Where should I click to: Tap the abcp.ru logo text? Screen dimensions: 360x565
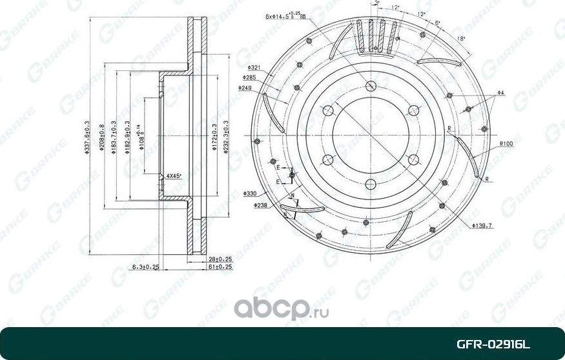(x=282, y=310)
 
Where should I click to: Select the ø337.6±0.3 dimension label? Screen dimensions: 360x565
(x=87, y=139)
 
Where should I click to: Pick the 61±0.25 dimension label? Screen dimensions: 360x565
(x=220, y=266)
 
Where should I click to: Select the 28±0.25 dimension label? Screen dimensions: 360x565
(x=220, y=259)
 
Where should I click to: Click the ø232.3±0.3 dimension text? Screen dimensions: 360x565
(x=225, y=139)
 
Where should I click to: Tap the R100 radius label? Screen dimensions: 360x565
(x=506, y=143)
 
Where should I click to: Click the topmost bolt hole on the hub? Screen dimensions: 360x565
(x=371, y=86)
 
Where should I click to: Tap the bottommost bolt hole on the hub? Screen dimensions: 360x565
(x=371, y=185)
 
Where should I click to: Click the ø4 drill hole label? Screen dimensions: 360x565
(x=500, y=94)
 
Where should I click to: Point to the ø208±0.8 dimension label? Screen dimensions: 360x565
(x=102, y=139)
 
